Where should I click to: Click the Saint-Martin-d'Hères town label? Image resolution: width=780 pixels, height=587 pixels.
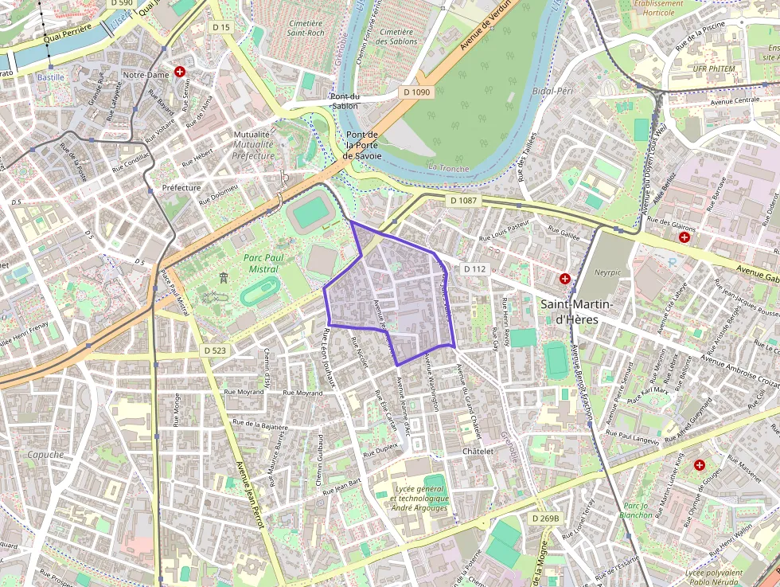pos(576,311)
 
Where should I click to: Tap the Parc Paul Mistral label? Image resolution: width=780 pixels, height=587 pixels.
pos(266,264)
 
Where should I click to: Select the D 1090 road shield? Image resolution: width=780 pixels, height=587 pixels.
pos(416,92)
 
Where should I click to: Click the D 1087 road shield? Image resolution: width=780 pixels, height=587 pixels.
pos(462,201)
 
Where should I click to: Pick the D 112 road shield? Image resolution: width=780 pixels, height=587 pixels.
pos(474,269)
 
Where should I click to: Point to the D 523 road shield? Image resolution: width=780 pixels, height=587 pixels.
pos(215,350)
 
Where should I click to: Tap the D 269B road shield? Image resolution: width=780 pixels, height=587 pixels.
pos(545,519)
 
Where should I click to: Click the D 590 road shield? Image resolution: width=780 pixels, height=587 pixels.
pos(122,4)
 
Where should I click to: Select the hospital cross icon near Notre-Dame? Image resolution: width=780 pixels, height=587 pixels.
pos(181,72)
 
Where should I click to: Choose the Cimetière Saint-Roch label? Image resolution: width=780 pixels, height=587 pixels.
pos(306,29)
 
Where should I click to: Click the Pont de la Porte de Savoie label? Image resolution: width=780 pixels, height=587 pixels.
pos(361,145)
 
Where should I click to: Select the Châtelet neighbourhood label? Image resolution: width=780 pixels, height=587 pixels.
pos(478,451)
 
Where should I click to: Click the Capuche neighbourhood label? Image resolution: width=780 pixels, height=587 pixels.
pos(45,455)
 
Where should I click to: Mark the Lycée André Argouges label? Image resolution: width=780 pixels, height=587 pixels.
pos(419,498)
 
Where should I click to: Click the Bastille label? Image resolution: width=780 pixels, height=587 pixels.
pos(50,77)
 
